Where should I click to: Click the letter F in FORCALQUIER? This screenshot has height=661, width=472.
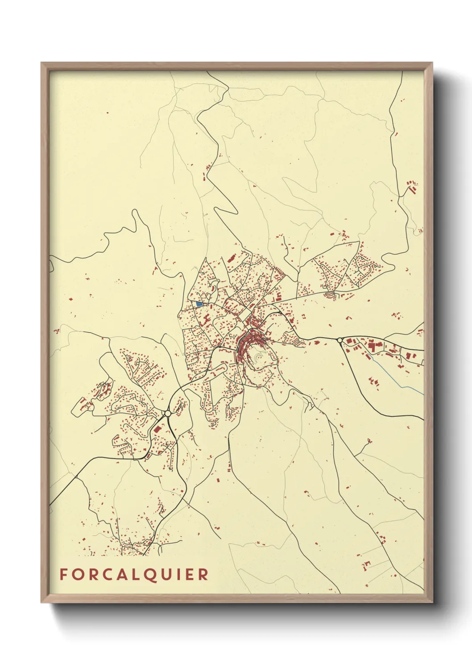point(63,574)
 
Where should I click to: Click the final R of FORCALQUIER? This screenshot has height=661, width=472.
point(203,574)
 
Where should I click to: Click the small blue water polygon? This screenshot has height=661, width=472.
point(199,304)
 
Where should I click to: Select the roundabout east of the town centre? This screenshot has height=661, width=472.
point(340,340)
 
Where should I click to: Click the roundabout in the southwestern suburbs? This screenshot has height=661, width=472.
point(168,414)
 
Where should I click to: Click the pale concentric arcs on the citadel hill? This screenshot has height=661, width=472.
point(260,357)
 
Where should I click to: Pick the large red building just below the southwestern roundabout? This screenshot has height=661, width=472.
point(157,429)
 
